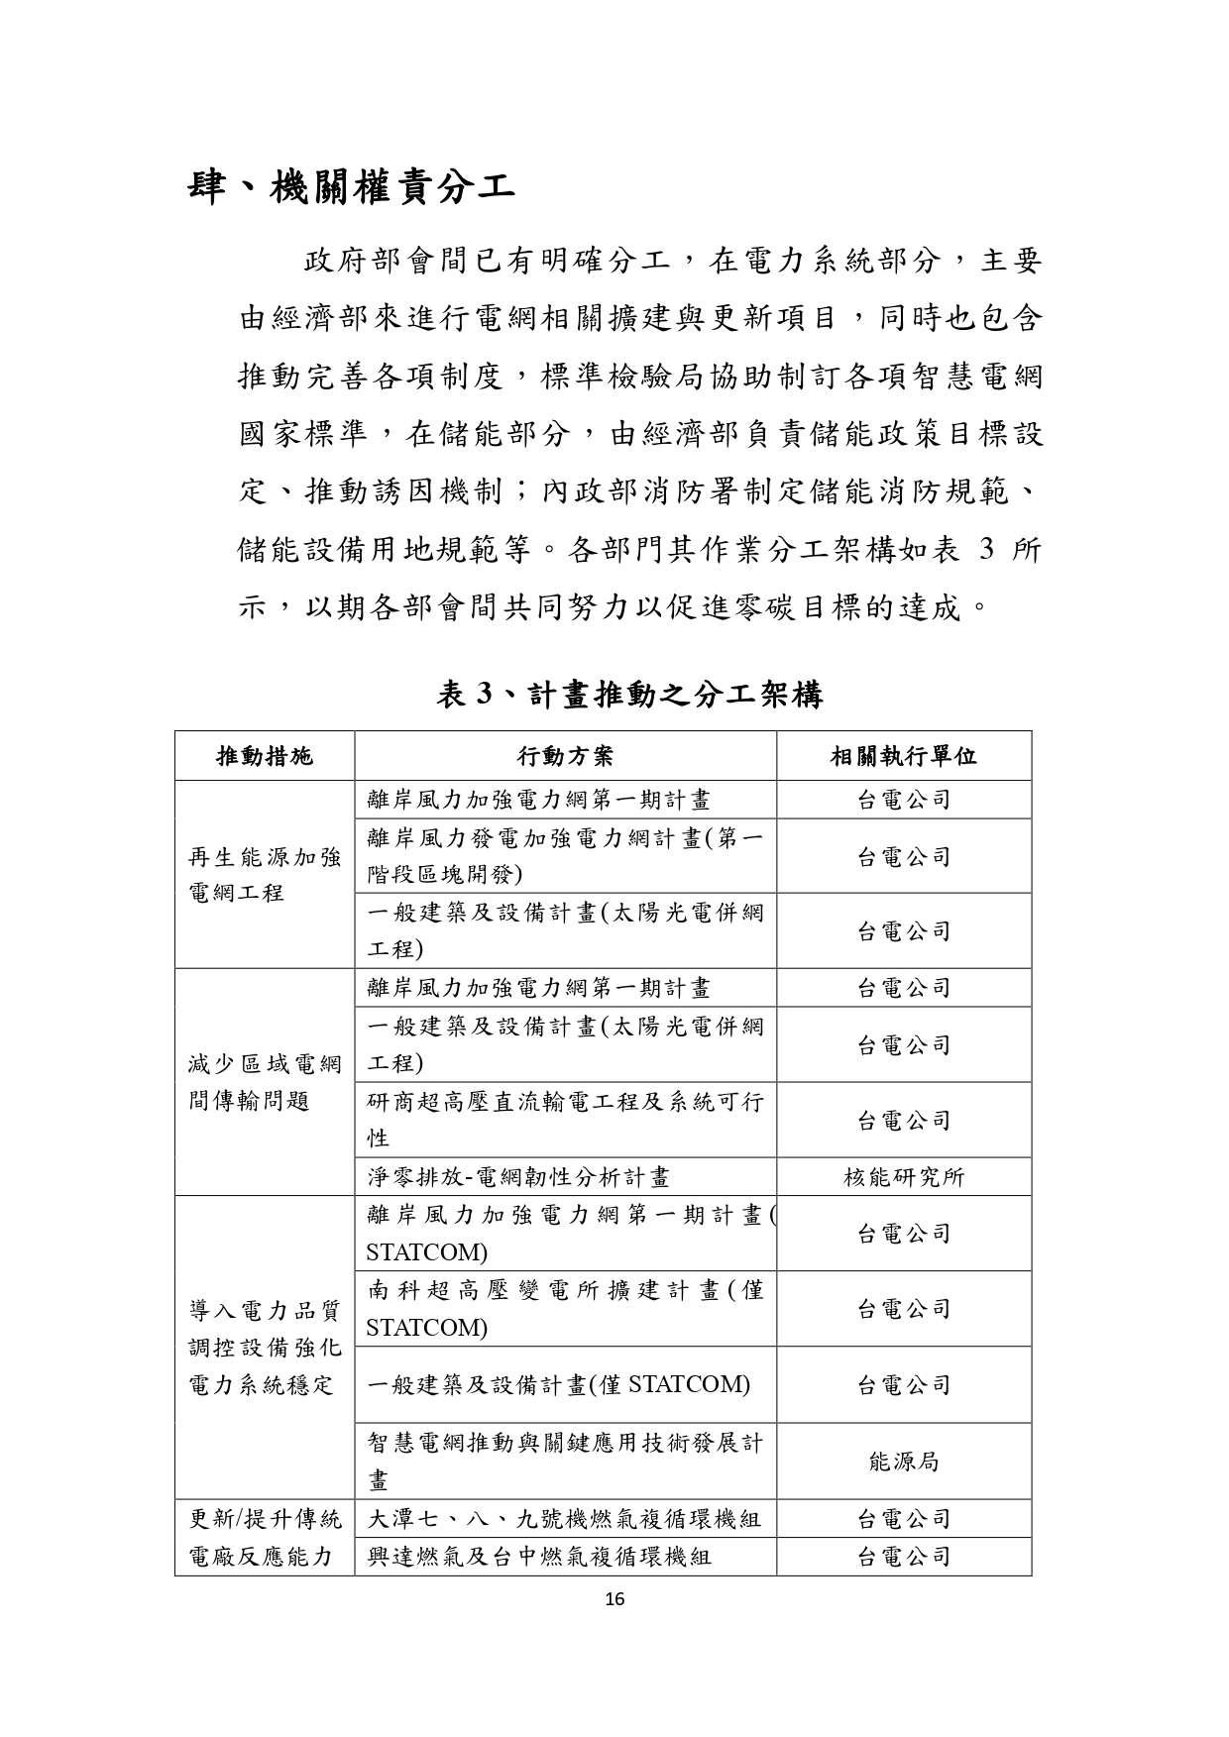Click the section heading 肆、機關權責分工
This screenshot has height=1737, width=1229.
click(x=351, y=186)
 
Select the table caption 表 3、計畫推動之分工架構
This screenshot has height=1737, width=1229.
click(x=630, y=695)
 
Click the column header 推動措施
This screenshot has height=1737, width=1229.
click(x=265, y=757)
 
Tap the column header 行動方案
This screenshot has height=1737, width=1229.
click(x=565, y=757)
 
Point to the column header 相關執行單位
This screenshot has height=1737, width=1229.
click(x=903, y=757)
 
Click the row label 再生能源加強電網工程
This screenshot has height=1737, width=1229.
click(x=265, y=875)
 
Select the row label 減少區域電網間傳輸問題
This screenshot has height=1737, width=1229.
click(x=265, y=1082)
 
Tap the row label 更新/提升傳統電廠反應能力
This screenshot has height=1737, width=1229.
click(x=265, y=1537)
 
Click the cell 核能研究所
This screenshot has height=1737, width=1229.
click(x=903, y=1177)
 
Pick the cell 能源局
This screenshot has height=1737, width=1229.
click(x=903, y=1462)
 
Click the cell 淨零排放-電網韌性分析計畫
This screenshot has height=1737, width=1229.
click(x=518, y=1177)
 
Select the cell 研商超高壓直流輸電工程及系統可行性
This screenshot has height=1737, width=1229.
click(x=565, y=1120)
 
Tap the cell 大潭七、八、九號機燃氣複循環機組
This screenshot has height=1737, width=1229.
click(x=564, y=1518)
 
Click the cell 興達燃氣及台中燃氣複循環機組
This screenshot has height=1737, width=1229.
click(x=539, y=1557)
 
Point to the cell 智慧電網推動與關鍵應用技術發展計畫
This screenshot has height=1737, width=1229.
click(x=565, y=1462)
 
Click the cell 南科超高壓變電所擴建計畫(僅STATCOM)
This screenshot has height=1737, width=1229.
click(x=565, y=1309)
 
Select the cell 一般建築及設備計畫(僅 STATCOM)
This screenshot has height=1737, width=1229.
click(x=559, y=1384)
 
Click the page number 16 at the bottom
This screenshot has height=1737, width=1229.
click(x=614, y=1597)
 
